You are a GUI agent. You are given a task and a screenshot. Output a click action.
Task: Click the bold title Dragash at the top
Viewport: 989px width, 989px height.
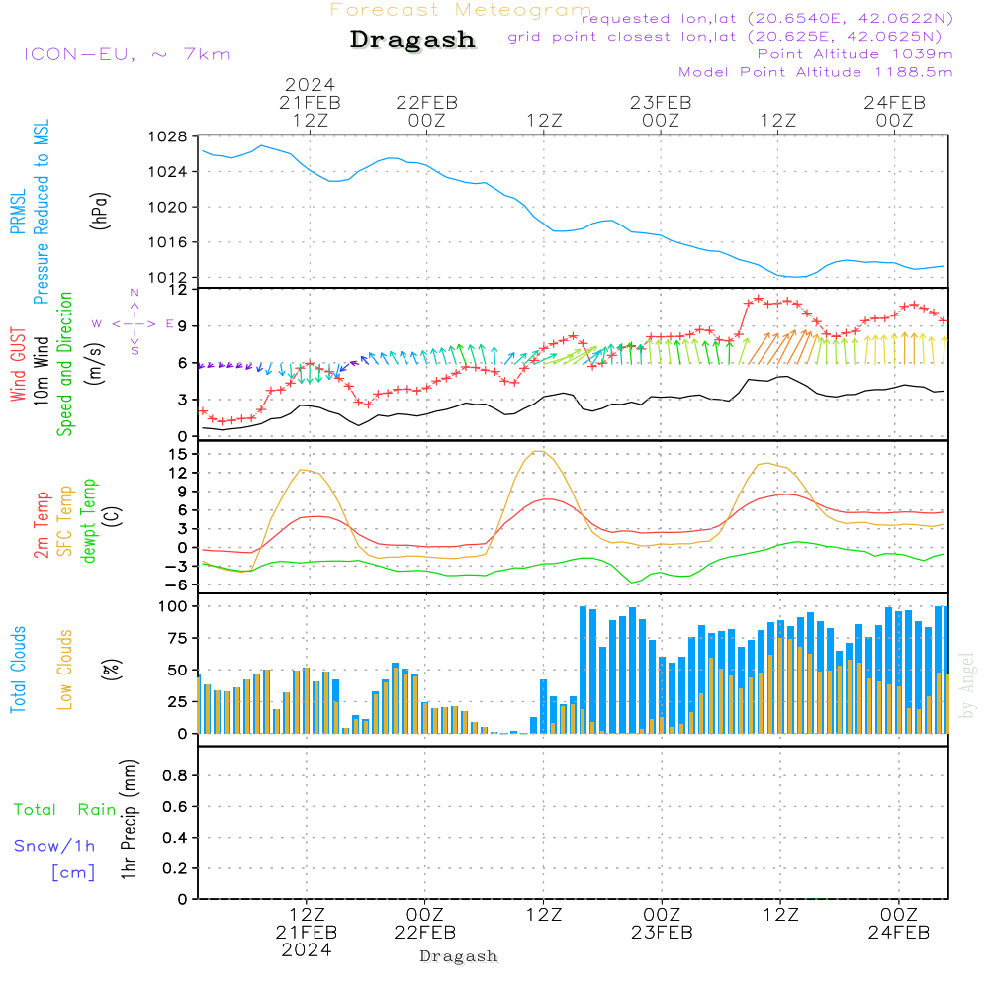pyautogui.click(x=412, y=41)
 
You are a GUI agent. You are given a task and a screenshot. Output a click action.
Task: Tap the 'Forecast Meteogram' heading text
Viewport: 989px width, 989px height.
pyautogui.click(x=461, y=10)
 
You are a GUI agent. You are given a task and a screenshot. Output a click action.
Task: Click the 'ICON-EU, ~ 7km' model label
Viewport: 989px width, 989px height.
pyautogui.click(x=127, y=54)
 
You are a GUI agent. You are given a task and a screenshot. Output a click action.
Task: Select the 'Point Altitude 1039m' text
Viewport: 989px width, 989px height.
pyautogui.click(x=854, y=54)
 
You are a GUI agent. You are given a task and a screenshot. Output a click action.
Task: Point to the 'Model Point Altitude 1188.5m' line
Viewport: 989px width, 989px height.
pyautogui.click(x=815, y=72)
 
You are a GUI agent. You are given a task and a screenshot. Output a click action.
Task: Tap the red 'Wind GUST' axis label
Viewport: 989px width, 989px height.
pyautogui.click(x=18, y=365)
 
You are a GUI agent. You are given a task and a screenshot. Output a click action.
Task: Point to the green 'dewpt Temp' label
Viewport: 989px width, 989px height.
pyautogui.click(x=90, y=521)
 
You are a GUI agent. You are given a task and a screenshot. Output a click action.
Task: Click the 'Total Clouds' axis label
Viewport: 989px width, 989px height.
pyautogui.click(x=18, y=670)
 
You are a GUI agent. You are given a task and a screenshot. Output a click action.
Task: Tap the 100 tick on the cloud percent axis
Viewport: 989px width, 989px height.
pyautogui.click(x=174, y=605)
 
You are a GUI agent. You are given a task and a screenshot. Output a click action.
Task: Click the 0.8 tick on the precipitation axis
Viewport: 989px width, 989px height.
pyautogui.click(x=174, y=776)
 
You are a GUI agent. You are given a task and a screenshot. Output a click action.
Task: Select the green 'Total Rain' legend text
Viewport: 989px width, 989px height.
pyautogui.click(x=64, y=810)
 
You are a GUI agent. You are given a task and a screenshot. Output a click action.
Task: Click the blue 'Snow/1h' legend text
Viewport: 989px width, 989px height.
pyautogui.click(x=54, y=846)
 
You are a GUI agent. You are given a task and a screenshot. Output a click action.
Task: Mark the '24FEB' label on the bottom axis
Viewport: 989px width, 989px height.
pyautogui.click(x=898, y=932)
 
